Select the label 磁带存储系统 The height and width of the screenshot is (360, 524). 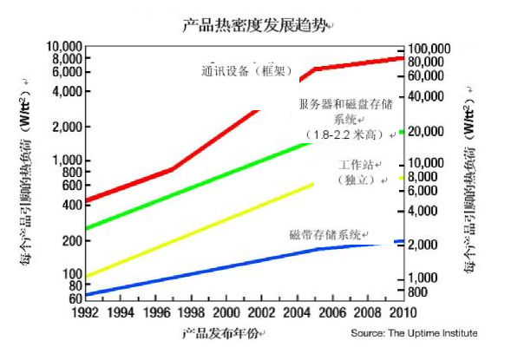325,235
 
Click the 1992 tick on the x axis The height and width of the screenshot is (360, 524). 84,312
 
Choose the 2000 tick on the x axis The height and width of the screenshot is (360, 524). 226,312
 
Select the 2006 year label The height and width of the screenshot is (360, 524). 332,312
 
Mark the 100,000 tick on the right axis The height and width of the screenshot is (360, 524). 434,48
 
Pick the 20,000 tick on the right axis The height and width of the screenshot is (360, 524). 429,131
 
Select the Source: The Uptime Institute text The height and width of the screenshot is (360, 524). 414,333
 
